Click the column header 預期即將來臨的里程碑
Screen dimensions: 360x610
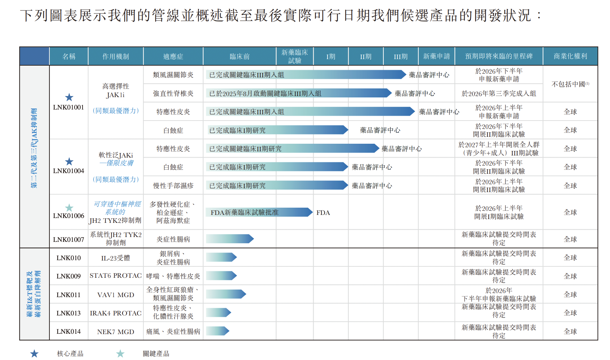tap(498, 56)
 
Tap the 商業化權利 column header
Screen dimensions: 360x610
tap(570, 56)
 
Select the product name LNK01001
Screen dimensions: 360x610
tap(68, 107)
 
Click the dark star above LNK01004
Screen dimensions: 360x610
tap(69, 162)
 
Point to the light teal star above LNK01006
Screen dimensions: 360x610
tap(69, 208)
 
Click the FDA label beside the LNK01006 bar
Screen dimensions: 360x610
tap(323, 213)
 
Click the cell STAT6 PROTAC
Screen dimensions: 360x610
tap(115, 276)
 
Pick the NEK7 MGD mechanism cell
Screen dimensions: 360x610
tap(115, 332)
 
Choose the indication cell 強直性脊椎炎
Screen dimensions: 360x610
tap(173, 94)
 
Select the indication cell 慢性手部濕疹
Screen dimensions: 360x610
tap(173, 186)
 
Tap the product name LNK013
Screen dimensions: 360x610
tap(68, 313)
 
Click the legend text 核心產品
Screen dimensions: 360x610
tap(70, 354)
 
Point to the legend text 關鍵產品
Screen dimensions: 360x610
tap(156, 354)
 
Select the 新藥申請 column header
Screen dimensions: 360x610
tap(436, 56)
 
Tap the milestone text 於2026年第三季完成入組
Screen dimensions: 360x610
tap(498, 94)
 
